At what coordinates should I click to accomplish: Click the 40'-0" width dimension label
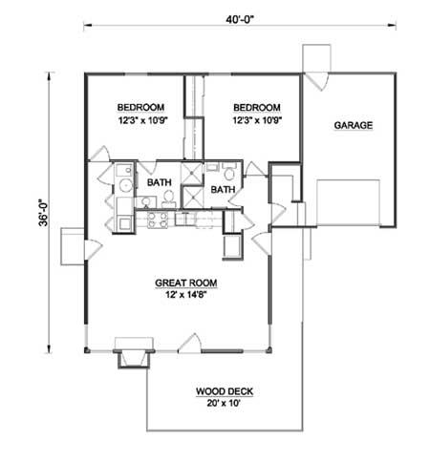click(x=239, y=20)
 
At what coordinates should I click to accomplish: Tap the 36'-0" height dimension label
click(x=43, y=213)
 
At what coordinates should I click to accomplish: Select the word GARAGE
click(x=354, y=125)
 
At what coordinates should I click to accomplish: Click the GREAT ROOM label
click(x=186, y=283)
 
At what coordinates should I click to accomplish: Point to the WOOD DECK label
click(x=225, y=391)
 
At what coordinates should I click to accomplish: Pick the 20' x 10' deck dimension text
click(x=224, y=403)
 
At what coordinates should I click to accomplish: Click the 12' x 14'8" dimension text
click(x=186, y=295)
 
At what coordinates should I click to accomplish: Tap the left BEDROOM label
click(x=140, y=107)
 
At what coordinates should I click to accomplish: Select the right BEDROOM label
click(x=257, y=108)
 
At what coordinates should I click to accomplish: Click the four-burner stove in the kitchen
click(x=158, y=220)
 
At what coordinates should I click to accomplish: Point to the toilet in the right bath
click(x=228, y=171)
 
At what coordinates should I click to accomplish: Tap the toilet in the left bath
click(x=168, y=199)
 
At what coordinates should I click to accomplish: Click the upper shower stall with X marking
click(x=191, y=173)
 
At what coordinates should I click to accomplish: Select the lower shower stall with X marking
click(x=192, y=198)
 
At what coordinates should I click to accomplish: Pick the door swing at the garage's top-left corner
click(x=316, y=81)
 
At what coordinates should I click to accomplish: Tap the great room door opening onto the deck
click(x=189, y=344)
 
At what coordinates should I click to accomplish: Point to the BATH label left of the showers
click(x=160, y=182)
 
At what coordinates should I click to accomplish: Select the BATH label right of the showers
click(x=223, y=190)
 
